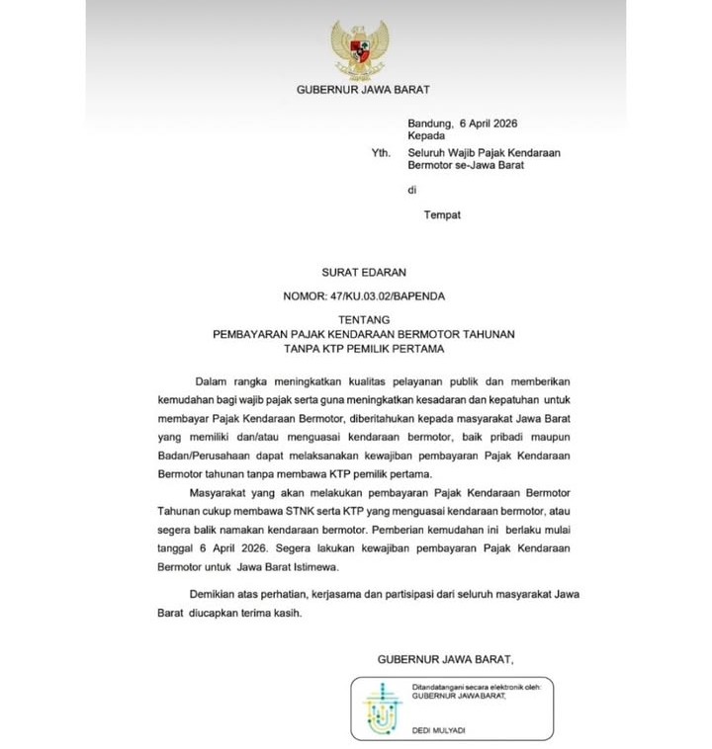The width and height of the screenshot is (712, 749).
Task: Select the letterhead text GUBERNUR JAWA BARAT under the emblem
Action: (363, 90)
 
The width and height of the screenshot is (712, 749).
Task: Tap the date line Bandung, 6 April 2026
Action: (462, 123)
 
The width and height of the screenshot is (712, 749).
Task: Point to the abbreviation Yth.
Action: (380, 154)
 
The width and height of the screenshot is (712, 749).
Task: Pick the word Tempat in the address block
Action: (442, 213)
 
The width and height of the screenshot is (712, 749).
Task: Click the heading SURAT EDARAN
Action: (364, 272)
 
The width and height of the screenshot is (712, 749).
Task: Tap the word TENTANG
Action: (364, 319)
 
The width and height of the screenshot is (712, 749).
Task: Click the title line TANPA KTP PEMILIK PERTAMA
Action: (364, 349)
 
